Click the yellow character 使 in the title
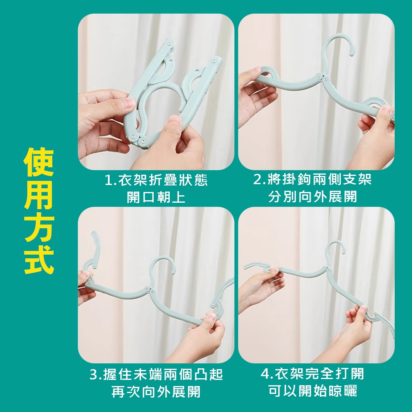[39, 162]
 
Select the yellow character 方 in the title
[39, 227]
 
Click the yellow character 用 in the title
[38, 194]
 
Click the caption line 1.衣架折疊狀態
[156, 180]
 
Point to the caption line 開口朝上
[156, 197]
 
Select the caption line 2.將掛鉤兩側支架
[313, 180]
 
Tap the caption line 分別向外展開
[313, 197]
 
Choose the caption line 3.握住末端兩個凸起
[156, 375]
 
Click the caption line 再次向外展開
[156, 392]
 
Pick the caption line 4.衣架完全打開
[313, 374]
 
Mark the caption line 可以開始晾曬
[313, 391]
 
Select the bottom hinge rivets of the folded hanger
[138, 139]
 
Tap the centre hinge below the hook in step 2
[322, 77]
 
